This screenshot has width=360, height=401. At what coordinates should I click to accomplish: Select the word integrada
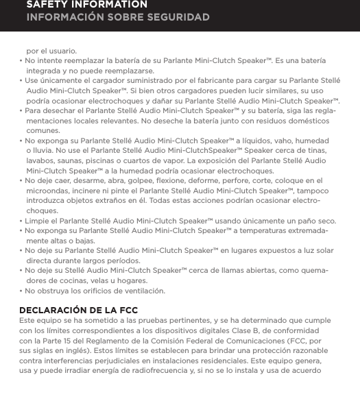[43, 71]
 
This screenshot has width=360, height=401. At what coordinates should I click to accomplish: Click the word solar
[324, 251]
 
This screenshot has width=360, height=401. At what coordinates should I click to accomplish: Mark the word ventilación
[141, 291]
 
